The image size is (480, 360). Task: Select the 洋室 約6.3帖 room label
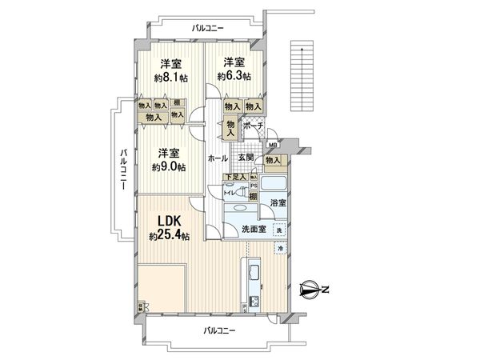click(234, 69)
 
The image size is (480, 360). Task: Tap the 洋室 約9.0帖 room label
click(169, 160)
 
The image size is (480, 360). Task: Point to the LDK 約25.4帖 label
click(169, 229)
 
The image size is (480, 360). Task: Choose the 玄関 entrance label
click(246, 158)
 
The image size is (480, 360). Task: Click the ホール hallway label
click(218, 158)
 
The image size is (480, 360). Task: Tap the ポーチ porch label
click(254, 126)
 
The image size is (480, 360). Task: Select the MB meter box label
click(273, 145)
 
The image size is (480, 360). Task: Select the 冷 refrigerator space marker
click(279, 249)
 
